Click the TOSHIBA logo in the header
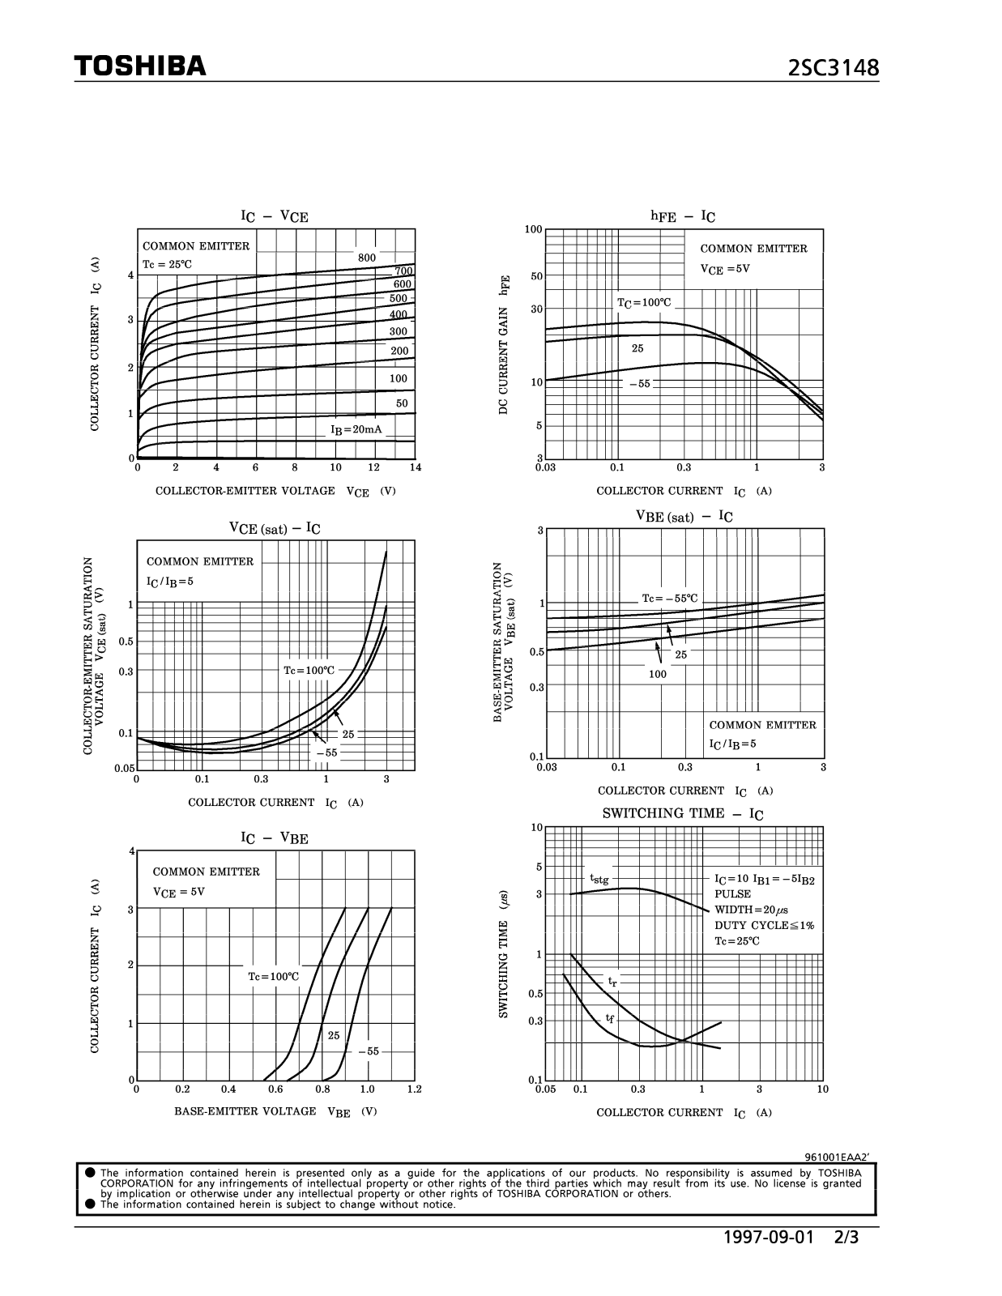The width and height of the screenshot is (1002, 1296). click(140, 66)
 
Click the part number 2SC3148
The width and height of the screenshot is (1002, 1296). click(834, 68)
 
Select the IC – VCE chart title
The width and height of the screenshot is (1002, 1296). click(275, 216)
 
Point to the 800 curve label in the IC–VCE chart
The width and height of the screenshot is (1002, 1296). click(367, 258)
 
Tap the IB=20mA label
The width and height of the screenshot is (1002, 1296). click(357, 429)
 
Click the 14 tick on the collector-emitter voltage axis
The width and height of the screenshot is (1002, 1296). click(416, 467)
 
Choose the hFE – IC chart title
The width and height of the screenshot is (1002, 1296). click(683, 216)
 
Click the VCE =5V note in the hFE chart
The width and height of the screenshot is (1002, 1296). click(725, 269)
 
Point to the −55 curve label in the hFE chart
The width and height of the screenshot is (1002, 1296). click(640, 384)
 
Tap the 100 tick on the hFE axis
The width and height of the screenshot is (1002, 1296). click(533, 229)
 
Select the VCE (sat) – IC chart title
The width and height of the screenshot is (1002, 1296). click(275, 529)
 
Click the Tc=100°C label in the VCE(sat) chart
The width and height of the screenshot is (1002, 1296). click(309, 671)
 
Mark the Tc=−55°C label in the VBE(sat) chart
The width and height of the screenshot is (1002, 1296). click(669, 599)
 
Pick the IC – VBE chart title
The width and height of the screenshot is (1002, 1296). click(275, 838)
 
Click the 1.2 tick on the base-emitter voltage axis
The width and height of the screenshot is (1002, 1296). click(415, 1089)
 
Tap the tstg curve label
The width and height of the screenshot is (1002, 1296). click(599, 879)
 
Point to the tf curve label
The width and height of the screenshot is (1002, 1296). click(610, 1018)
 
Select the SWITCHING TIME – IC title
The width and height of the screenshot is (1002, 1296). click(682, 814)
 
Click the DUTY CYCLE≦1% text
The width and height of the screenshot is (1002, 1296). click(764, 925)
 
